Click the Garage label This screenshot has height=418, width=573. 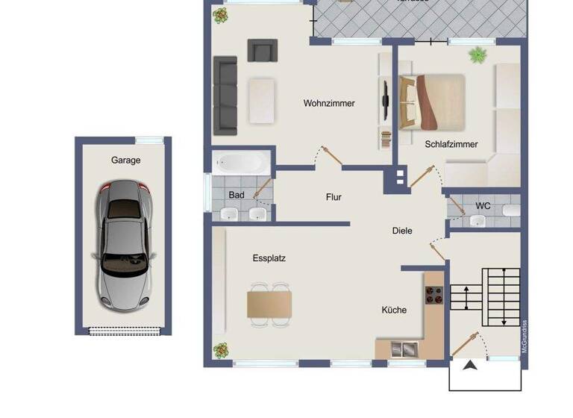pos(125,160)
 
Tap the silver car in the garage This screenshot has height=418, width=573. pos(124,246)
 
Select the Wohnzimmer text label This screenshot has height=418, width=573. pos(329,104)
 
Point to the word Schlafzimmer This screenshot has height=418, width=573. pos(451,144)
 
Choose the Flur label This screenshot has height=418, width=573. pos(334,197)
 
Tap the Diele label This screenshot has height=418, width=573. pos(402,231)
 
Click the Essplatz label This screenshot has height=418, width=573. pos(269,258)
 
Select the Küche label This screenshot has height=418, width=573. pos(394,310)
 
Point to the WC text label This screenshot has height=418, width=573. pos(483,205)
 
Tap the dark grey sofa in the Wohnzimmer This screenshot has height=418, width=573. pos(225,96)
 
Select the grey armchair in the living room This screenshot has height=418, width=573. pos(262,51)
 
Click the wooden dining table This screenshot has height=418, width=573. pos(269,305)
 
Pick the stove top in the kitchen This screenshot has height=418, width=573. pos(434,296)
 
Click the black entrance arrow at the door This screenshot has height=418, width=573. pos(470,365)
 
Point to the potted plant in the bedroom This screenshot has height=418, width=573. pos(476,54)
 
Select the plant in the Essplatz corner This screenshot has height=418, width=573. pos(221,349)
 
